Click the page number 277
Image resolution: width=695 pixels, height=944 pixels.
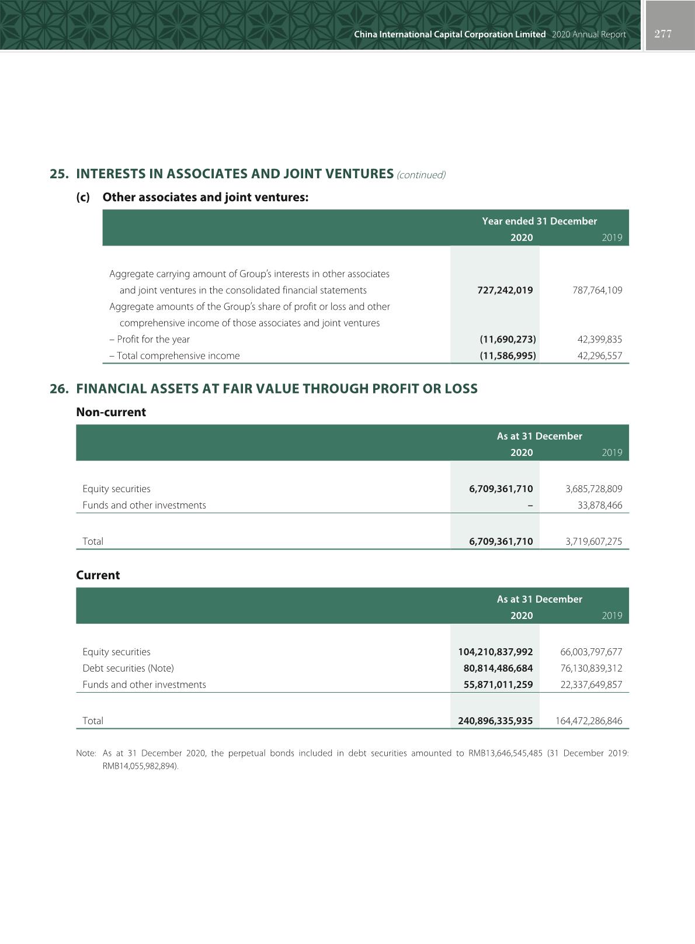[663, 34]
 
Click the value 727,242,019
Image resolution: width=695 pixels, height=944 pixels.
[505, 290]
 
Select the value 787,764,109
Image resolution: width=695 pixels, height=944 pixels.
[597, 290]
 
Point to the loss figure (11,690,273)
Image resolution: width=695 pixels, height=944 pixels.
[508, 339]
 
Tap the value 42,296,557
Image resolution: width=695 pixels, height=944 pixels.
[600, 355]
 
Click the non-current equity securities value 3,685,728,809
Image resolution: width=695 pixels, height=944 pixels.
[593, 489]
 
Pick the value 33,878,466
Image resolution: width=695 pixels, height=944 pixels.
[600, 505]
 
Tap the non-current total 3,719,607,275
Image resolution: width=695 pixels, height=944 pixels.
[593, 541]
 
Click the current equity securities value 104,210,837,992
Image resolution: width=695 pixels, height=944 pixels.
[495, 652]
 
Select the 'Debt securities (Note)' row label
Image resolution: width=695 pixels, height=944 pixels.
[128, 668]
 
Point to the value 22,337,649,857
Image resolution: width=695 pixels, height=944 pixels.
[591, 684]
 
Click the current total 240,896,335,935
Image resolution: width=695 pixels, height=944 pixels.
[495, 721]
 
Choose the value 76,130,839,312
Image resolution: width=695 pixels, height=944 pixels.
[591, 668]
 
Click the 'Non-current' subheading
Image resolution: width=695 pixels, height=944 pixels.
[111, 412]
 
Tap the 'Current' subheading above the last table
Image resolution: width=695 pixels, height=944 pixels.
[98, 575]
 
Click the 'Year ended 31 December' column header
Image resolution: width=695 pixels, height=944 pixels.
[539, 221]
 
